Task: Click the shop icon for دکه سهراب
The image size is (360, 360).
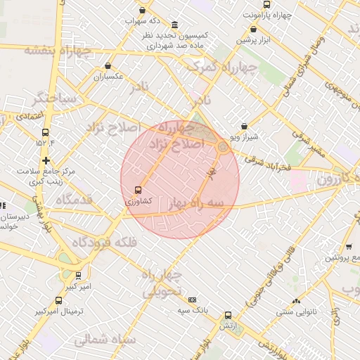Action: coord(143,11)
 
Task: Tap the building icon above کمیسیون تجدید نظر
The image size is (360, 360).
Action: coord(174,25)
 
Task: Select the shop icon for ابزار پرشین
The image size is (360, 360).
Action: coord(253,30)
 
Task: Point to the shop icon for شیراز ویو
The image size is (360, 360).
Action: coord(244,127)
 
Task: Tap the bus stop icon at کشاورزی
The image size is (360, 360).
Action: coord(137,190)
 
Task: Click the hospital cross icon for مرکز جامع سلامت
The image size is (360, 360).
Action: coord(46,160)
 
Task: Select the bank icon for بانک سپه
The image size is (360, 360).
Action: coord(193,300)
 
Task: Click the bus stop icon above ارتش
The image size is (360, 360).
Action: coord(227,316)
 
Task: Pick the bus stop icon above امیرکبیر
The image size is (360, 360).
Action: coord(78,276)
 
